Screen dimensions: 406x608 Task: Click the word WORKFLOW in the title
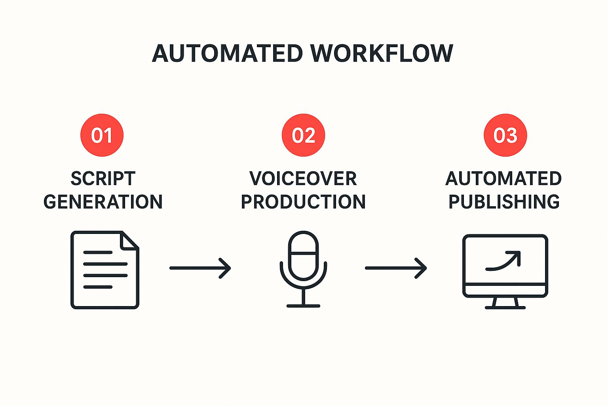coord(381,54)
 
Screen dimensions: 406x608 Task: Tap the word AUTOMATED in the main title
coord(228,54)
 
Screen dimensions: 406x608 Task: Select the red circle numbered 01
coord(102,135)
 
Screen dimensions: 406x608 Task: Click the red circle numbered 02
coord(303,135)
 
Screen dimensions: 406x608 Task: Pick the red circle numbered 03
coord(505,135)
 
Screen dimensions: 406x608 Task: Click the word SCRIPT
coord(103,179)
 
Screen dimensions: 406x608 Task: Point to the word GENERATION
coord(103,202)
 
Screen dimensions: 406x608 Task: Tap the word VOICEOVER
coord(303,179)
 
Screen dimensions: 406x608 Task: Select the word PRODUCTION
coord(303,202)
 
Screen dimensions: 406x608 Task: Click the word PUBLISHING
coord(504,202)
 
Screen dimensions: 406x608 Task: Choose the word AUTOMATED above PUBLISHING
coord(503,179)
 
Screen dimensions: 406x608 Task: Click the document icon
coord(104,270)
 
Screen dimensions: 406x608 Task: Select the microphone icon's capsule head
coord(303,256)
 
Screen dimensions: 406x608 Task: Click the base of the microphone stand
coord(303,306)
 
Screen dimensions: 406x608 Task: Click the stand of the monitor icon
coord(505,303)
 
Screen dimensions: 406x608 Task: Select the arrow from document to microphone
coord(200,268)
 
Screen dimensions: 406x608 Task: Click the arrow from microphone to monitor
coord(395,268)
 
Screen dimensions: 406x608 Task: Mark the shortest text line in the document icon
coord(98,287)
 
